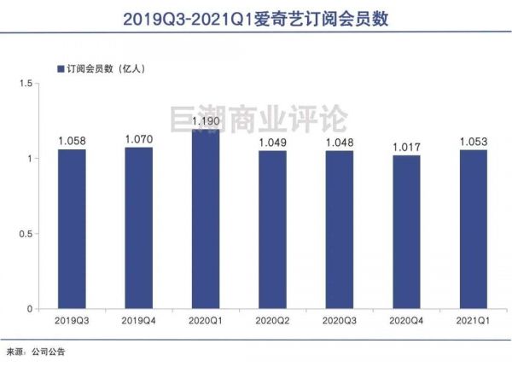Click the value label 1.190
pos(206,122)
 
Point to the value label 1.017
pos(407,148)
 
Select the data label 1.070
pos(138,140)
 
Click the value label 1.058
pos(72,142)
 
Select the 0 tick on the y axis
pos(29,308)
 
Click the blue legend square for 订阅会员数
pos(60,68)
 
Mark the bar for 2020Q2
pos(273,230)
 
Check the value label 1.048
pos(340,143)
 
